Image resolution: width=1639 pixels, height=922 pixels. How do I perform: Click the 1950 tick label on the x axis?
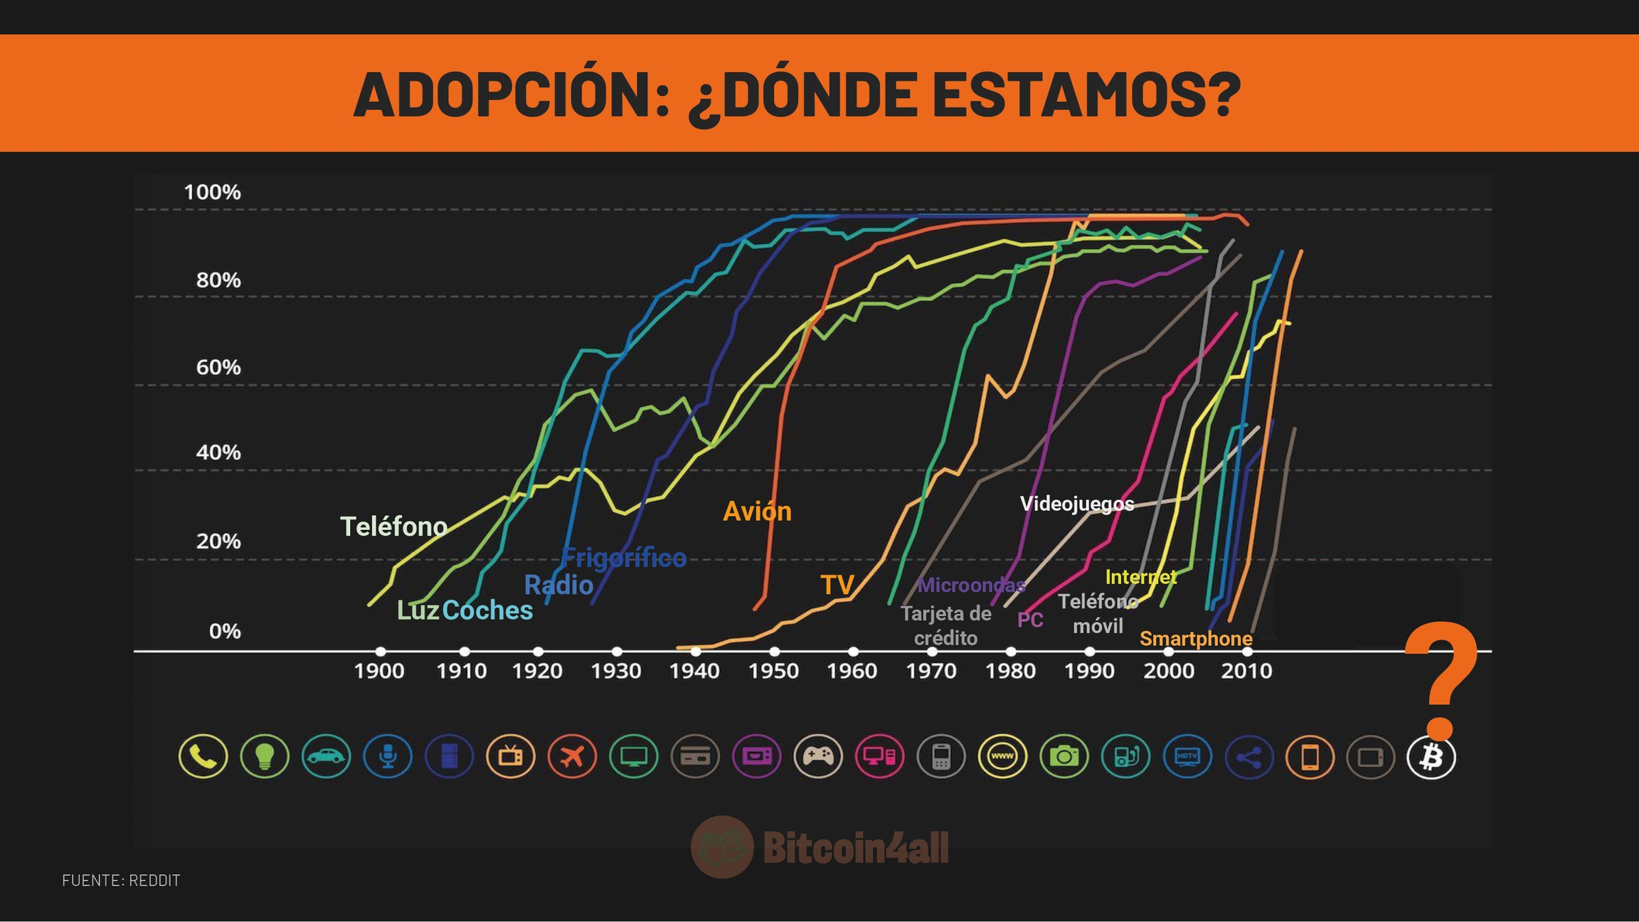coord(773,671)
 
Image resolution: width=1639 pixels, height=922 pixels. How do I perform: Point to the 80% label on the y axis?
coord(218,280)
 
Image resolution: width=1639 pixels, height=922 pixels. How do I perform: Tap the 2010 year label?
coord(1246,671)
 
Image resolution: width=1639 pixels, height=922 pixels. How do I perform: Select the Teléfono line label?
coord(393,526)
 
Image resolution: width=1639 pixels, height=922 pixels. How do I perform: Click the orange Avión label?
coord(757,511)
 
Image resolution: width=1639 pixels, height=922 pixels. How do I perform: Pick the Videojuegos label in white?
coord(1077,504)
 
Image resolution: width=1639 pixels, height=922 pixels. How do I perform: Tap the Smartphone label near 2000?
coord(1196,638)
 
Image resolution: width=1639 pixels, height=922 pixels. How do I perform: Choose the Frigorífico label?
coord(624,557)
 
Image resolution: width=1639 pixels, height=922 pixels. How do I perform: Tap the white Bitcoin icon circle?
coord(1431,757)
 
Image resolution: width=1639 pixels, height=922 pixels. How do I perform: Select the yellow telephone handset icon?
coord(203,757)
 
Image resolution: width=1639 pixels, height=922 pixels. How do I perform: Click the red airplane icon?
coord(572,757)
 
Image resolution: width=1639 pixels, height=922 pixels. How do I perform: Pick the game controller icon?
coord(818,757)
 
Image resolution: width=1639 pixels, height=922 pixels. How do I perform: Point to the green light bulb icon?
coord(265,757)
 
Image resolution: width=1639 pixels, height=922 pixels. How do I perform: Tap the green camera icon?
coord(1064,757)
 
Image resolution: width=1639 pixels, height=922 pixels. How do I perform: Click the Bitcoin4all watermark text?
coord(855,847)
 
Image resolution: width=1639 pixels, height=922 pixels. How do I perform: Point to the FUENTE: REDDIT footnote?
coord(122,881)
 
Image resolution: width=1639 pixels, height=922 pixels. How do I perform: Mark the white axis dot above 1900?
coord(381,651)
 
